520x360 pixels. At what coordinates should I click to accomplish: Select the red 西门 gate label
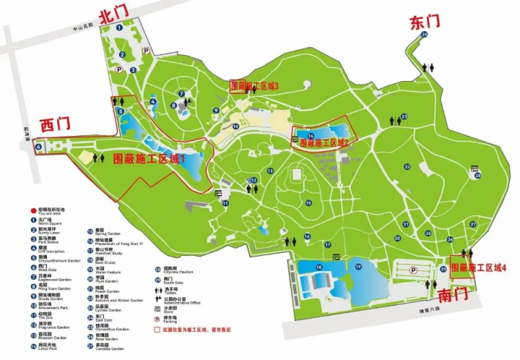55,124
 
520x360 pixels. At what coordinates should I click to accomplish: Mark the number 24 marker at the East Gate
425,34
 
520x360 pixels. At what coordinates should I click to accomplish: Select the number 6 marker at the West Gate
37,146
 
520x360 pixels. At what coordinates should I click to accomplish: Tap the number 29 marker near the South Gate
443,269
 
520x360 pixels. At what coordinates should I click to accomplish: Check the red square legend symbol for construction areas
157,329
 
